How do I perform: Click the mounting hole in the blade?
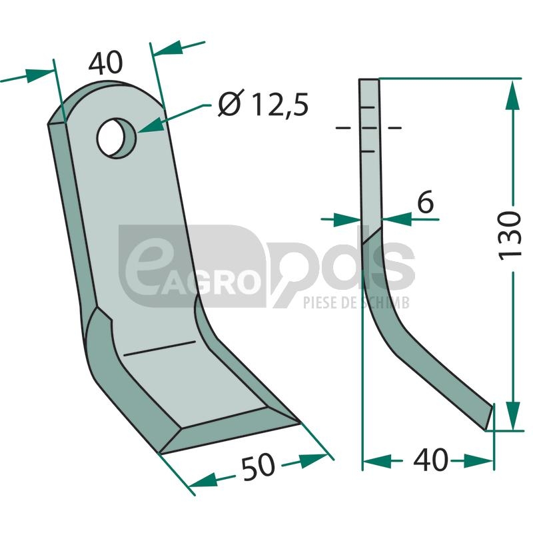116,138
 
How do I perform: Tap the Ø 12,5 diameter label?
263,103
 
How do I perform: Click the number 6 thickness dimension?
425,201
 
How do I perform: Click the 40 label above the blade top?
105,63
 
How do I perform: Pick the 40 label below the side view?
430,460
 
